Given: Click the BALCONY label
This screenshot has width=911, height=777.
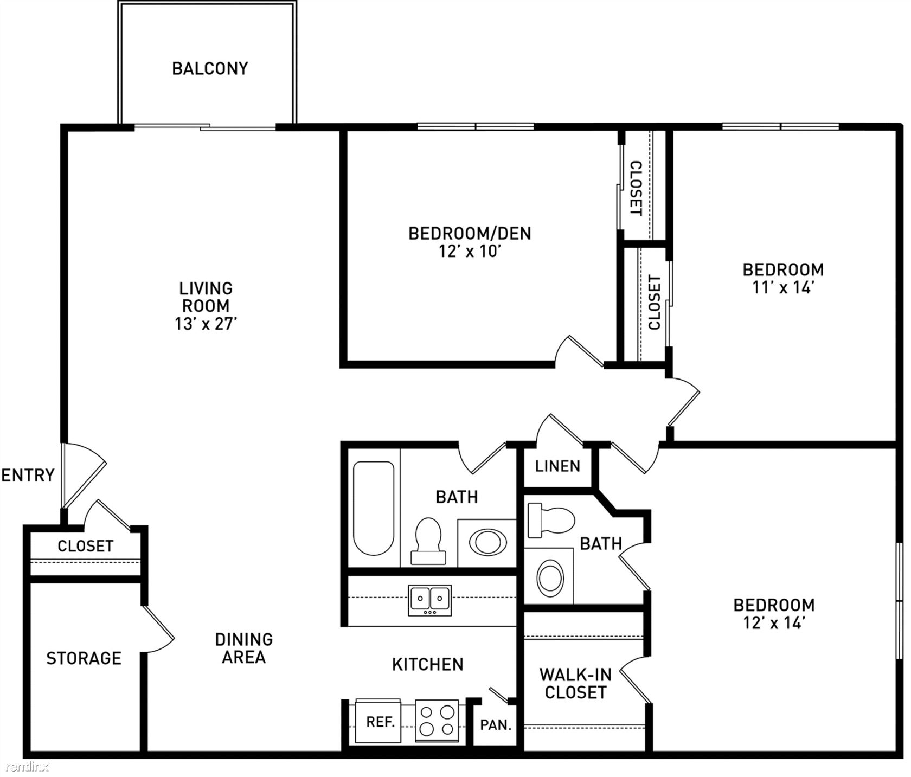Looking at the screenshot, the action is coord(210,68).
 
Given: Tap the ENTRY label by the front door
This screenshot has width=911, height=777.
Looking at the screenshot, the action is coord(28,476).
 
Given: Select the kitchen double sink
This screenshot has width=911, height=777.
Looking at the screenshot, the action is coord(430,600).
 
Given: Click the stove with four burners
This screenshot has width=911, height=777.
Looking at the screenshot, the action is coord(437,721).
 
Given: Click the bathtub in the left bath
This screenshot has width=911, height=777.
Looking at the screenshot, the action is coord(373,508).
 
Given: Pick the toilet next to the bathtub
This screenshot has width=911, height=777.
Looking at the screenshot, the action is coord(428,541).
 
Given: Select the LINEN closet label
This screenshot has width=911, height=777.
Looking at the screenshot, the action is coord(557,466).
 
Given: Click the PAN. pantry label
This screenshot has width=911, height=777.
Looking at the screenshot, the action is coord(496,725).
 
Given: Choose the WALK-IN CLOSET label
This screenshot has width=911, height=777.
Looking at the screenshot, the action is coord(575,683).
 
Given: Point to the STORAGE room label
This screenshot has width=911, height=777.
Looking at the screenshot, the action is coord(84,658).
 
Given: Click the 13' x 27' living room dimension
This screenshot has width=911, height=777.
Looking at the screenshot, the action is coord(206,324).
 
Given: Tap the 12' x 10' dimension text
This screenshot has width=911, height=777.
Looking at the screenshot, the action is coord(469,252).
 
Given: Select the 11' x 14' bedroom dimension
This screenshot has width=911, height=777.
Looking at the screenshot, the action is coord(783,287).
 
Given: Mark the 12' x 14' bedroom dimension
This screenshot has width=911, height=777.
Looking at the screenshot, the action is coord(773,623).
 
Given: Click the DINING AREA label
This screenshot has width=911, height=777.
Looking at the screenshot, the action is coord(244,648).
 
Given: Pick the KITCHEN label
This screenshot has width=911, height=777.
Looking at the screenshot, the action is coord(428,664).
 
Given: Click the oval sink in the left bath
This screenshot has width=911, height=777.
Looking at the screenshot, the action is coord(487,542).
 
